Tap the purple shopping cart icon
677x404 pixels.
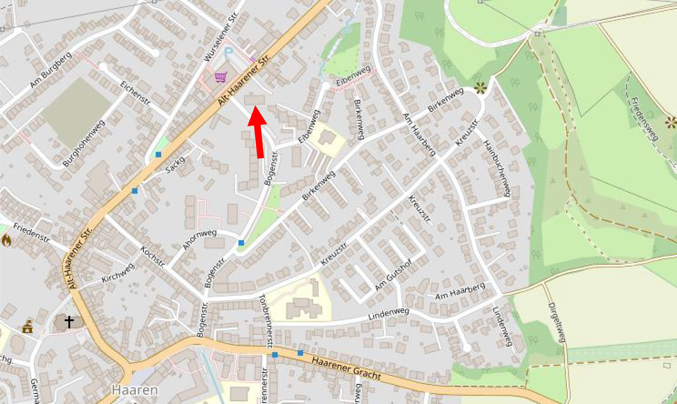221,77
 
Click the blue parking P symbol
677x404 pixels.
228,52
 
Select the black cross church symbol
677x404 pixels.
69,322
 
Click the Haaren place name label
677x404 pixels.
135,390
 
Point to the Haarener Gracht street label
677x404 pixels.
346,368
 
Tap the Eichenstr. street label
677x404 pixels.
135,94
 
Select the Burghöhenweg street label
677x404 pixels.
84,143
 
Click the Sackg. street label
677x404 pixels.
176,164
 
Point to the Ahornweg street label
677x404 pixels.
200,239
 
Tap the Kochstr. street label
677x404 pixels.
153,257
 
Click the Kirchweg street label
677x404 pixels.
118,273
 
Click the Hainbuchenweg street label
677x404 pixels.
497,168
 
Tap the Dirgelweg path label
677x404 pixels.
557,322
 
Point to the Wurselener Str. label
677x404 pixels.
221,37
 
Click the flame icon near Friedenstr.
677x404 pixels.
6,240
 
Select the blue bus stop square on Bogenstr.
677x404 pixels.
241,243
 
